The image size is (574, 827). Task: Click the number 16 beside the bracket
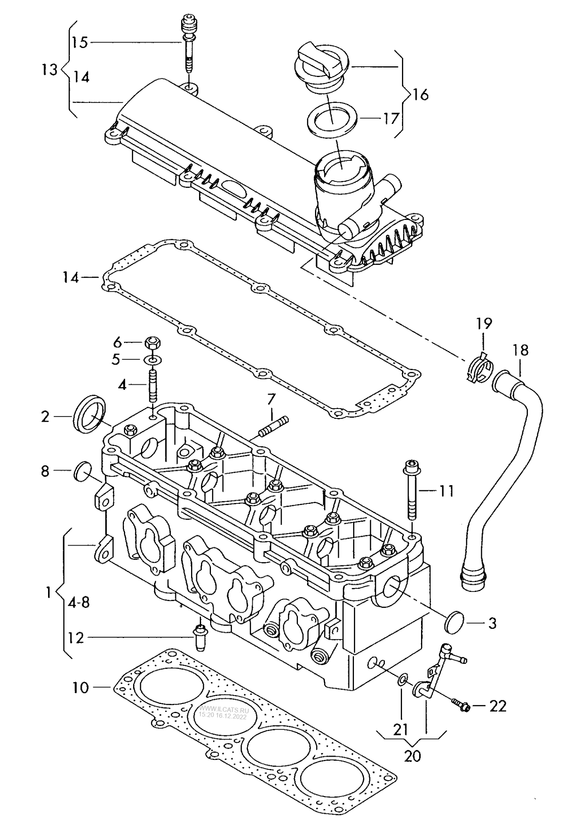click(x=420, y=95)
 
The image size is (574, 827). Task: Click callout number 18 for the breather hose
click(x=520, y=350)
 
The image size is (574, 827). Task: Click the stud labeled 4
click(x=153, y=385)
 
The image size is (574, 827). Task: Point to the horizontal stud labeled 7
click(x=273, y=426)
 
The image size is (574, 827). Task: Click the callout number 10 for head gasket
click(x=81, y=687)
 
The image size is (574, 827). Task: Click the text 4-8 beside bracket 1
click(x=79, y=603)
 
